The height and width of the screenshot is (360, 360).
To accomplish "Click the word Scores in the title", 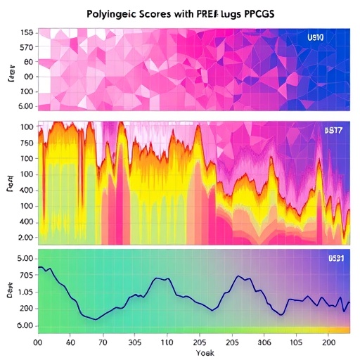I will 164,13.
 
